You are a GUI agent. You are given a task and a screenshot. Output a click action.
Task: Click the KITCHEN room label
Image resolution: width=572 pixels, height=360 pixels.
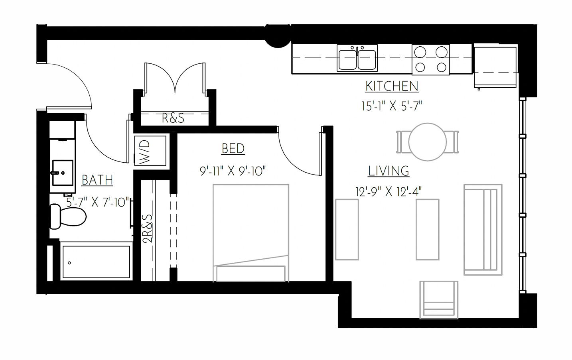[392, 86]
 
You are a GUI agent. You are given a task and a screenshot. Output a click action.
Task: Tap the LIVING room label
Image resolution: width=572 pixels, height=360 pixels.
[389, 171]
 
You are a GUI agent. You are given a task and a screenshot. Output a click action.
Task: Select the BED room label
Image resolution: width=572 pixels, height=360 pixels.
[233, 149]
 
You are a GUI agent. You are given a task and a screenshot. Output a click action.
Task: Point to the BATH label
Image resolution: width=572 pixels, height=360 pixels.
[97, 180]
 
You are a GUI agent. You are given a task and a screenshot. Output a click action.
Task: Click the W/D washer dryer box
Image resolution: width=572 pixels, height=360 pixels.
[150, 151]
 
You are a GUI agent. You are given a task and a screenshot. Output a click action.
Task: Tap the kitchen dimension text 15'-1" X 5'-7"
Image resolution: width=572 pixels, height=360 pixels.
[392, 106]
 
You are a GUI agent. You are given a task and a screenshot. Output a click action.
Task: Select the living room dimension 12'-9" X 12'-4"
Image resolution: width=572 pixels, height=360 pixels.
[389, 192]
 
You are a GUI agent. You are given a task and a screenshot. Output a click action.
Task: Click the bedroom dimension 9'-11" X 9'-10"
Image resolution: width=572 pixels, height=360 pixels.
[233, 171]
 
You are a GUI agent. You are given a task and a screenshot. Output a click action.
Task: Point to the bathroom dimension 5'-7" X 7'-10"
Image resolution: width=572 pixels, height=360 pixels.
[98, 203]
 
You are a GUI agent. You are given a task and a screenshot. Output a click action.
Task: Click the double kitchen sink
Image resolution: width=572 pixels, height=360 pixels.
[357, 58]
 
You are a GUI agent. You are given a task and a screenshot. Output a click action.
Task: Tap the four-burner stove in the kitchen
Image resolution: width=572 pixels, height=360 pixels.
[430, 59]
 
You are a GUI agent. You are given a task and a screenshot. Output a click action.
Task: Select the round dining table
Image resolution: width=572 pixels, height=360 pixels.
[428, 142]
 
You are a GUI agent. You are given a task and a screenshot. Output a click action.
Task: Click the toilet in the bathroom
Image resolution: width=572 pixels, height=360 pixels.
[68, 216]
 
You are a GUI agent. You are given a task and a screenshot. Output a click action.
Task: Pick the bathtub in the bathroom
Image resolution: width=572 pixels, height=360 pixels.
[96, 262]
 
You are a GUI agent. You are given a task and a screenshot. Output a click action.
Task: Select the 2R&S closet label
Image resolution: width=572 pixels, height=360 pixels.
[148, 229]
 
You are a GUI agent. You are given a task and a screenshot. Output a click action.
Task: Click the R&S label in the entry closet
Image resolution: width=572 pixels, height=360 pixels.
[173, 118]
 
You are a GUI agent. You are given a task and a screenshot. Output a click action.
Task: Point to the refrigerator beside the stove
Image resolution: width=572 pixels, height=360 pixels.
[495, 66]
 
